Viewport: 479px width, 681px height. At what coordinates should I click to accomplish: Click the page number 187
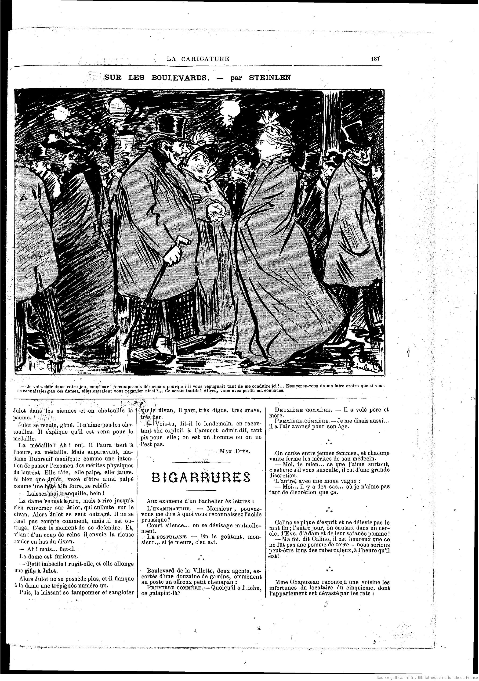pos(375,58)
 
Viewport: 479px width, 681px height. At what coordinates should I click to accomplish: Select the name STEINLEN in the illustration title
pos(270,78)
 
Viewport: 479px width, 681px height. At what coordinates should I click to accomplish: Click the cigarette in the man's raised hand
pos(226,213)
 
